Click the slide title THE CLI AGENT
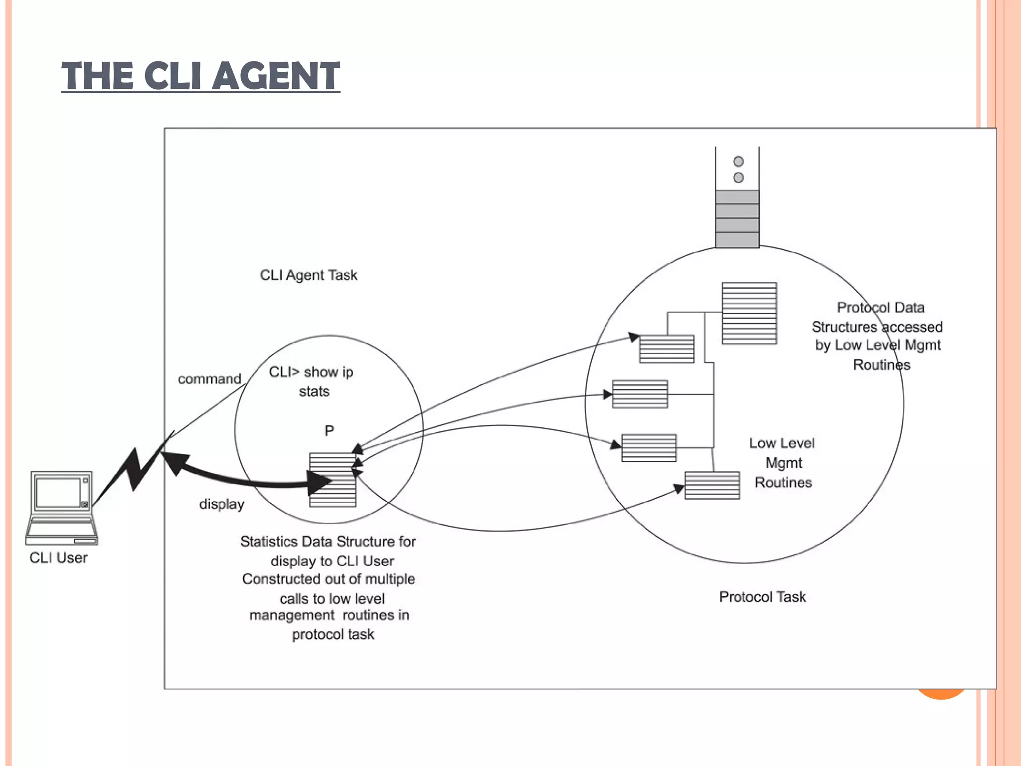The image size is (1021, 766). click(200, 76)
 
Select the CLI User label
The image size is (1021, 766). click(58, 558)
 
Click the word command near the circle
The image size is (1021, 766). click(209, 379)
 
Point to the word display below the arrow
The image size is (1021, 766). click(222, 504)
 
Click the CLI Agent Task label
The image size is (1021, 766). click(309, 275)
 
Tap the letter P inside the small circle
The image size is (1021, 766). click(329, 430)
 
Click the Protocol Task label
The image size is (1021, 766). click(762, 597)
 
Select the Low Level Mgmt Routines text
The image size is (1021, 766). click(783, 463)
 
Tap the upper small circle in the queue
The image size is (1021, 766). click(738, 162)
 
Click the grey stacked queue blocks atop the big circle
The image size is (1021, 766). click(737, 218)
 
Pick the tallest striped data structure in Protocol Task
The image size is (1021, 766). click(749, 313)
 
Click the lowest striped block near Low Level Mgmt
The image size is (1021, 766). click(712, 485)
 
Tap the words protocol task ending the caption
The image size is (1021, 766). click(333, 634)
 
